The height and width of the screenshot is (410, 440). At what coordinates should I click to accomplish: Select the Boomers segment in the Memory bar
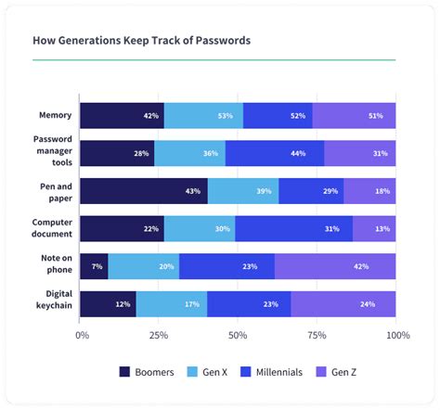click(x=122, y=116)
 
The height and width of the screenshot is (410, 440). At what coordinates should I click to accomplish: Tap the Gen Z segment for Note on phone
click(x=335, y=266)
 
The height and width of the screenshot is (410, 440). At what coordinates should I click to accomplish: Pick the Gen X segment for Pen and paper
click(x=243, y=191)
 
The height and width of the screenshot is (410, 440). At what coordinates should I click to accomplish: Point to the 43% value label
click(x=193, y=191)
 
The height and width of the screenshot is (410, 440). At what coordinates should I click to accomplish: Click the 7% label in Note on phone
click(x=97, y=266)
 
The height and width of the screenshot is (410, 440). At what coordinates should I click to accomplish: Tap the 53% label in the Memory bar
click(x=224, y=116)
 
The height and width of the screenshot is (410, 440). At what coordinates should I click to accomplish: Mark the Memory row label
click(x=57, y=116)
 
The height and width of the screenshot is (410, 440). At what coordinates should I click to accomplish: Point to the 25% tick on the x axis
click(x=160, y=334)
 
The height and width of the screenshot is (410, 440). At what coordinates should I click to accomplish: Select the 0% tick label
click(x=83, y=334)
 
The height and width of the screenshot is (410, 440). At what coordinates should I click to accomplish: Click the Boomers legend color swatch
click(x=125, y=372)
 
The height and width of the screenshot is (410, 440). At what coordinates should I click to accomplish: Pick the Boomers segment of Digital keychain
click(x=108, y=303)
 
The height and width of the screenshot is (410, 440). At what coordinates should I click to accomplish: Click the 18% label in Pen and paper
click(x=382, y=191)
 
